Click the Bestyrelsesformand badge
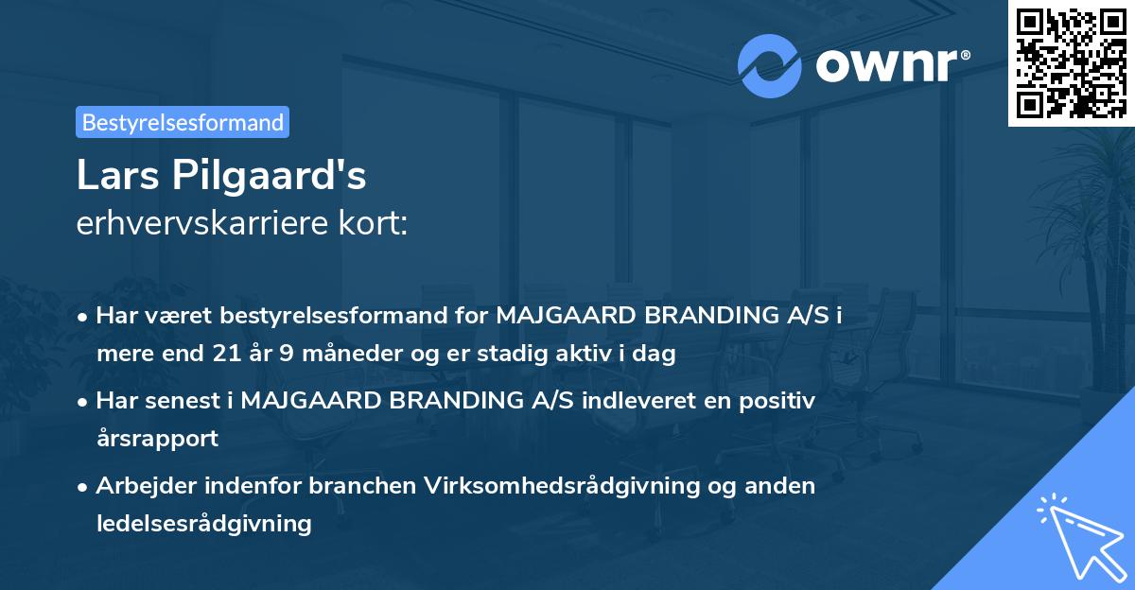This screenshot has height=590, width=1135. [183, 122]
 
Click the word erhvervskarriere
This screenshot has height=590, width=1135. [201, 224]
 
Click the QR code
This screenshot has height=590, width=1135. [1071, 62]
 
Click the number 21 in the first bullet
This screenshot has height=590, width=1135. [220, 355]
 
